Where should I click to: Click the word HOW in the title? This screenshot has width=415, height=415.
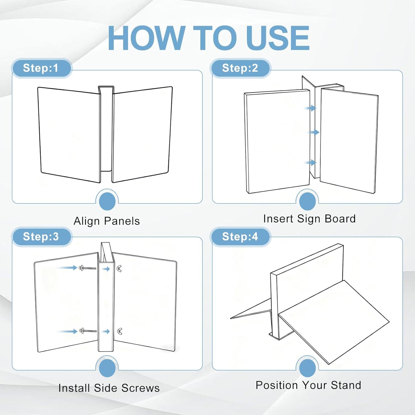click(146, 38)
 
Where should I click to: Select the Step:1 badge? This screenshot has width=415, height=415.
click(41, 68)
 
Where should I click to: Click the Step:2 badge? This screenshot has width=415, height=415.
click(240, 68)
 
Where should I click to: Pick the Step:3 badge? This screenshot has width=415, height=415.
click(41, 236)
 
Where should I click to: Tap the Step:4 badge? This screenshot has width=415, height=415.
click(240, 236)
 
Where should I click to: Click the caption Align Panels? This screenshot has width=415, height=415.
click(107, 221)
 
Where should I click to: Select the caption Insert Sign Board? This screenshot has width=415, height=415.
click(310, 219)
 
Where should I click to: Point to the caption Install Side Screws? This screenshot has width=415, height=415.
click(109, 388)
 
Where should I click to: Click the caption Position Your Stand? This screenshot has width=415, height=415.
click(308, 385)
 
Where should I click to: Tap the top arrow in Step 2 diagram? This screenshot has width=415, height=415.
click(310, 108)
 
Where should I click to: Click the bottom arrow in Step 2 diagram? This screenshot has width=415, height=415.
click(310, 163)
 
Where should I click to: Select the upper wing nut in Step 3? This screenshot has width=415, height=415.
click(119, 269)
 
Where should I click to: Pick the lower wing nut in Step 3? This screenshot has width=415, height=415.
click(119, 331)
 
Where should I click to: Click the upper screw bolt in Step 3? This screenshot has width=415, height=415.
click(88, 268)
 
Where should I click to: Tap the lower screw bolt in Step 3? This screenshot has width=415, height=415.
click(88, 331)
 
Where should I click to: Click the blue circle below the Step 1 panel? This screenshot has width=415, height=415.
click(107, 201)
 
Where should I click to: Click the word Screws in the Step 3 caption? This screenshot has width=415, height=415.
click(140, 388)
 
